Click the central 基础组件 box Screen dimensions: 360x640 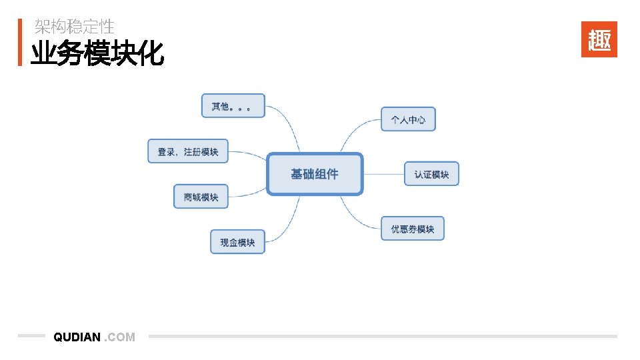(x=315, y=174)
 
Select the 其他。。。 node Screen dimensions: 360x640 (x=233, y=106)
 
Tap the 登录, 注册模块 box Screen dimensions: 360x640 (x=187, y=151)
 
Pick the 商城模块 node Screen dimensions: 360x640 (x=201, y=197)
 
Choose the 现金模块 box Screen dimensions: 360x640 (x=237, y=242)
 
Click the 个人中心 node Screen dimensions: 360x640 (x=408, y=119)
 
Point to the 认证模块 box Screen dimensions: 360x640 (x=431, y=174)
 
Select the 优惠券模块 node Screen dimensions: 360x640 (x=412, y=229)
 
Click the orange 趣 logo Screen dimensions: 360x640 (x=599, y=39)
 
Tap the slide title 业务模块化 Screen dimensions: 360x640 (x=97, y=53)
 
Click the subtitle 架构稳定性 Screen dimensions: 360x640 (x=75, y=27)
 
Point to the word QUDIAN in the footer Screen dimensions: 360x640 (x=77, y=337)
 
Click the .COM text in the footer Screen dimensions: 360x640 (x=121, y=337)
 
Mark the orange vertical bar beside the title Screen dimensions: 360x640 (x=20, y=42)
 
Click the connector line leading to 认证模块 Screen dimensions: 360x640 (x=383, y=174)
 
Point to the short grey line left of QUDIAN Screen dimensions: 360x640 (x=31, y=336)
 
